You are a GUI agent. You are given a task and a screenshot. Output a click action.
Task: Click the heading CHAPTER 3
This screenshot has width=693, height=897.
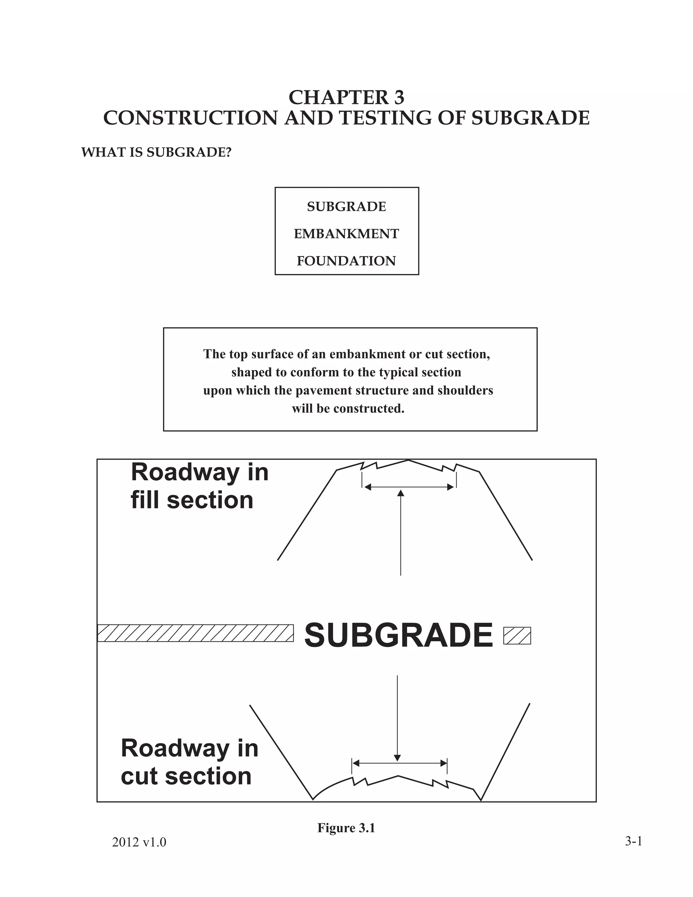click(x=346, y=97)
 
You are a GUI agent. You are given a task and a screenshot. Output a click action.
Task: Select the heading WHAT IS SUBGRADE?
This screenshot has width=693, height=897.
click(x=156, y=152)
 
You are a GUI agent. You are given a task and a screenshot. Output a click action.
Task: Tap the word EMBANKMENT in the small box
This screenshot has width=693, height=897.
click(x=346, y=234)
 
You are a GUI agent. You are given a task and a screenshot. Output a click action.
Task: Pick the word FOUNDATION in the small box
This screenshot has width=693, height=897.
click(x=346, y=261)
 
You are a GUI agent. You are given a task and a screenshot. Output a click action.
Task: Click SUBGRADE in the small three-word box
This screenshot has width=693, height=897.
click(x=346, y=206)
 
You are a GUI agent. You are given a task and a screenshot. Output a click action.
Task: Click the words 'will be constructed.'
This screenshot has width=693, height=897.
click(x=348, y=409)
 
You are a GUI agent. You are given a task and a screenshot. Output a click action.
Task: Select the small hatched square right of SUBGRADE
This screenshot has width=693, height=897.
click(x=517, y=636)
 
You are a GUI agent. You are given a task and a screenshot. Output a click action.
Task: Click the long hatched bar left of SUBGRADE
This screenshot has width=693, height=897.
click(x=196, y=633)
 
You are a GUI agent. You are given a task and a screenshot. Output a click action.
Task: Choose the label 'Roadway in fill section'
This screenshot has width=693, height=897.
click(x=200, y=486)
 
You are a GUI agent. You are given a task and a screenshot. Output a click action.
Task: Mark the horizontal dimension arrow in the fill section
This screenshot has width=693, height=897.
click(x=409, y=487)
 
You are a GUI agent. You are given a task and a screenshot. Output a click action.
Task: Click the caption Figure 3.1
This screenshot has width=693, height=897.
click(x=346, y=828)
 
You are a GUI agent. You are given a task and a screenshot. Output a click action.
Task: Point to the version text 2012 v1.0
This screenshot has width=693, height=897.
click(x=139, y=843)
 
